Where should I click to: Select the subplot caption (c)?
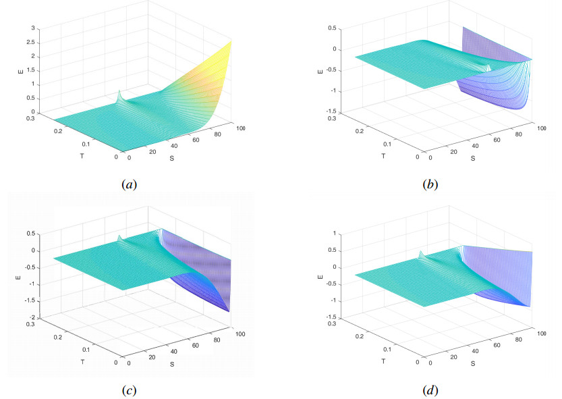[128, 390]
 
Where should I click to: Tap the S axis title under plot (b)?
[473, 159]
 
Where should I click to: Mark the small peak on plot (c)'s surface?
[119, 237]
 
